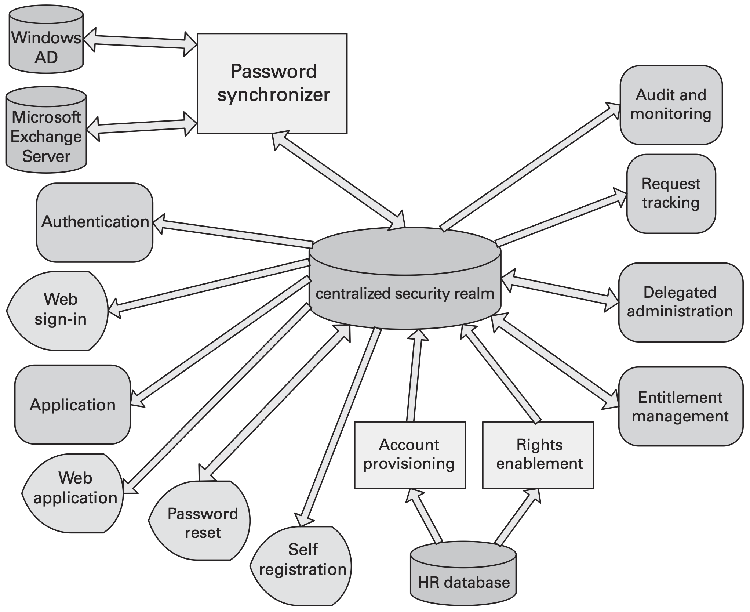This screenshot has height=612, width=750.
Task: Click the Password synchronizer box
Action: point(272,83)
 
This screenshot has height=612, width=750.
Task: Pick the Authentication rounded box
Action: point(95,222)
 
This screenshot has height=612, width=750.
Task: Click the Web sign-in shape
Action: point(59,310)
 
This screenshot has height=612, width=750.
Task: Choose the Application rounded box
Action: point(73,405)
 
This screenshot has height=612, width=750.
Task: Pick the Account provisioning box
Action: point(410,455)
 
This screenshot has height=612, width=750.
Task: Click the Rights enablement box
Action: point(538,455)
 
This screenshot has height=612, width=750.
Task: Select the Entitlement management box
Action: point(680,406)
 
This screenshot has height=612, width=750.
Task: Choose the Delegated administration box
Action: point(680,302)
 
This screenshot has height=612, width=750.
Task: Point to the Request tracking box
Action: point(671,193)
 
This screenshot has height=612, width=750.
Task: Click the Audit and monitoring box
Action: point(671,105)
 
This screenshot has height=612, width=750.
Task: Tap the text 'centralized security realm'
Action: point(405,294)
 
